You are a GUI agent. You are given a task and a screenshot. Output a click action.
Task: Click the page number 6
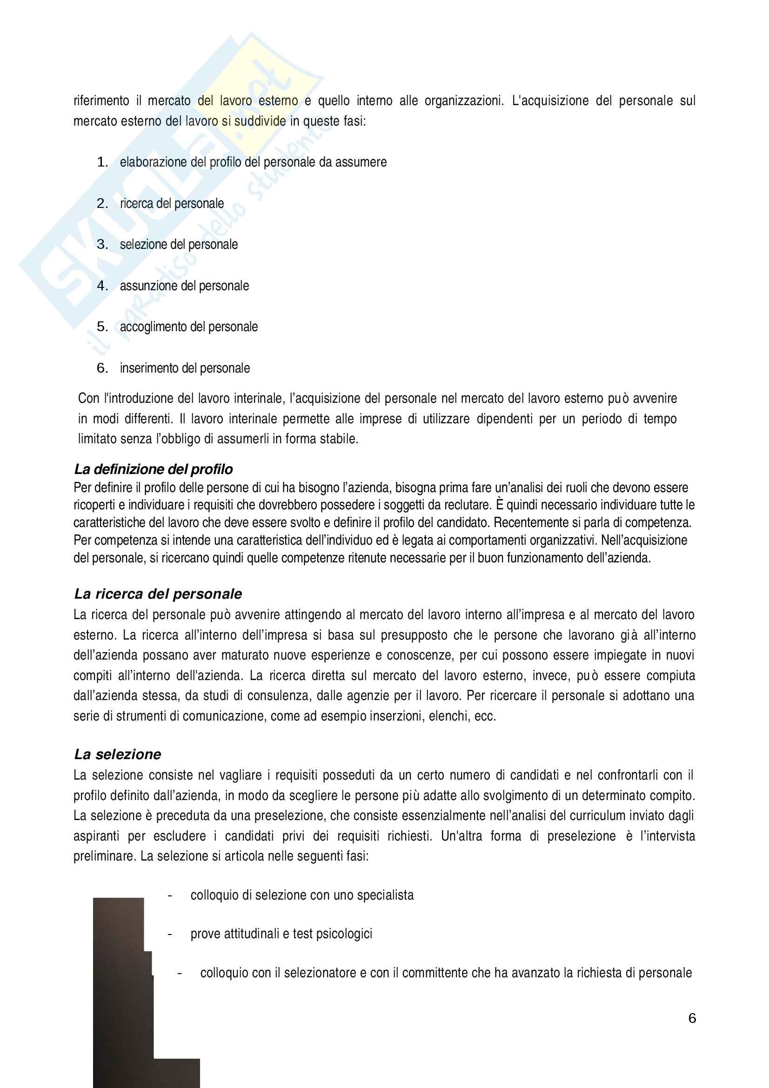click(692, 1018)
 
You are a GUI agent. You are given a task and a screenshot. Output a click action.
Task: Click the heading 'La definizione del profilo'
click(154, 469)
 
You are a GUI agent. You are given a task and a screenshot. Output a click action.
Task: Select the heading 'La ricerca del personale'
click(158, 594)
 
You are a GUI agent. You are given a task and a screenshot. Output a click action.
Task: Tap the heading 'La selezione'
click(118, 754)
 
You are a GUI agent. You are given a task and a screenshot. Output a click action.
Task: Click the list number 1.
click(102, 162)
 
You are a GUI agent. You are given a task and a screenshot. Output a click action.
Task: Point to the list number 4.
click(102, 286)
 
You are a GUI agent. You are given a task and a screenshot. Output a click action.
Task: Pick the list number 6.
click(102, 368)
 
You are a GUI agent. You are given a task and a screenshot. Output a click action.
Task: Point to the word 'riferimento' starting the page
click(101, 101)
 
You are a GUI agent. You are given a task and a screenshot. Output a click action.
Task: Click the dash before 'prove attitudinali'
click(169, 934)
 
